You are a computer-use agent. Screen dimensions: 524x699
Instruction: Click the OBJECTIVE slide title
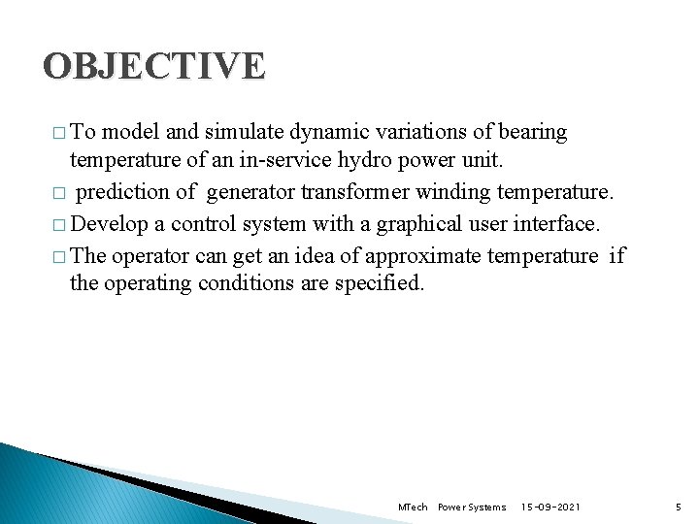coord(153,66)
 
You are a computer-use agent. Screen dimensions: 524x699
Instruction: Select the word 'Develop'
coord(109,224)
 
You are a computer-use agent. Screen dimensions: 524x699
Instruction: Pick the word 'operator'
coord(150,255)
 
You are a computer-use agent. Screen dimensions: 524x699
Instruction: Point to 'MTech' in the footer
coord(413,507)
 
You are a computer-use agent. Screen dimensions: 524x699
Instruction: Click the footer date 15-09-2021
coord(550,507)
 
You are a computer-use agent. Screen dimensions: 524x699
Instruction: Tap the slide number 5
coord(679,507)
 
